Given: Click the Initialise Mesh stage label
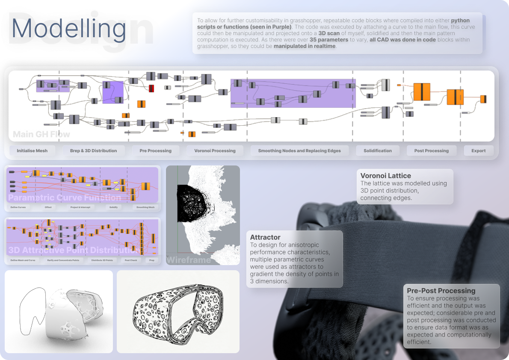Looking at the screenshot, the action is pyautogui.click(x=32, y=150).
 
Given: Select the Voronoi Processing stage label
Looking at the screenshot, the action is pyautogui.click(x=215, y=150).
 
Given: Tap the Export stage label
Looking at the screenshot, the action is pyautogui.click(x=478, y=150).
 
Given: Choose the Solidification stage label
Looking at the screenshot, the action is pyautogui.click(x=378, y=150).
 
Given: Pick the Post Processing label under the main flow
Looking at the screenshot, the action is pyautogui.click(x=431, y=150).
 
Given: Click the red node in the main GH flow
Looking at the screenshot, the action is pyautogui.click(x=151, y=89).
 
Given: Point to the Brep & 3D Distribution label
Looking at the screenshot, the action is pyautogui.click(x=93, y=150).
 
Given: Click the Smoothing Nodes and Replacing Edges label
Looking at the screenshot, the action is pyautogui.click(x=299, y=150).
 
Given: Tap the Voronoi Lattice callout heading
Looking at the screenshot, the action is pyautogui.click(x=385, y=176).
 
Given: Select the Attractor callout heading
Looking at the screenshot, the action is pyautogui.click(x=265, y=237).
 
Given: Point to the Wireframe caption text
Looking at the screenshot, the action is pyautogui.click(x=188, y=260).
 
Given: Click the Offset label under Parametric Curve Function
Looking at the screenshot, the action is pyautogui.click(x=48, y=207).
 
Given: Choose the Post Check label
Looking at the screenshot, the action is pyautogui.click(x=130, y=260).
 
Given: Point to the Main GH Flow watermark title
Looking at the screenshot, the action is pyautogui.click(x=41, y=134).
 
